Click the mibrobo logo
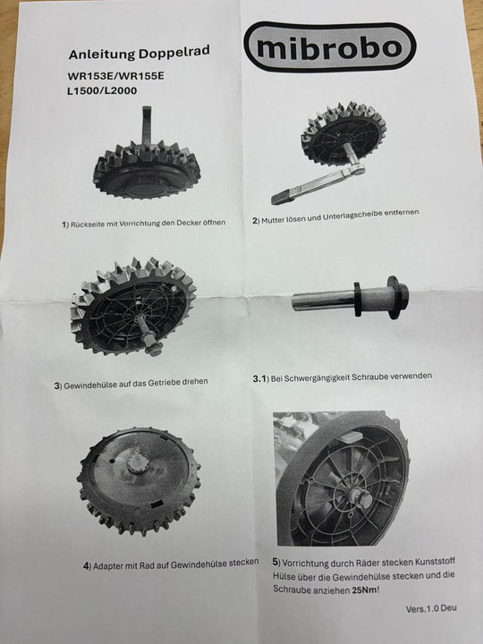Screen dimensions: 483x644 pyautogui.click(x=330, y=47)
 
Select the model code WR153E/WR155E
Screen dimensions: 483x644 pyautogui.click(x=115, y=76)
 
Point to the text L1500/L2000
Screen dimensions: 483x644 pyautogui.click(x=102, y=90)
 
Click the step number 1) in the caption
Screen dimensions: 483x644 pyautogui.click(x=65, y=225)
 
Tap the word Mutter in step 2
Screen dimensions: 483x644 pyautogui.click(x=273, y=220)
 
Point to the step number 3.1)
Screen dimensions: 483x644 pyautogui.click(x=260, y=378)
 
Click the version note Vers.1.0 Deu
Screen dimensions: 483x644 pyautogui.click(x=431, y=608)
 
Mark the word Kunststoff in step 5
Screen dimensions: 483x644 pyautogui.click(x=435, y=561)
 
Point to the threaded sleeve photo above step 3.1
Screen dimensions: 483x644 pyautogui.click(x=350, y=298)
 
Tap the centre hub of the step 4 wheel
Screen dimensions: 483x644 pyautogui.click(x=136, y=463)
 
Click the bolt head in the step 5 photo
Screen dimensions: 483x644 pyautogui.click(x=362, y=499)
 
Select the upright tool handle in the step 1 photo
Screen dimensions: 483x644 pyautogui.click(x=146, y=126)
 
